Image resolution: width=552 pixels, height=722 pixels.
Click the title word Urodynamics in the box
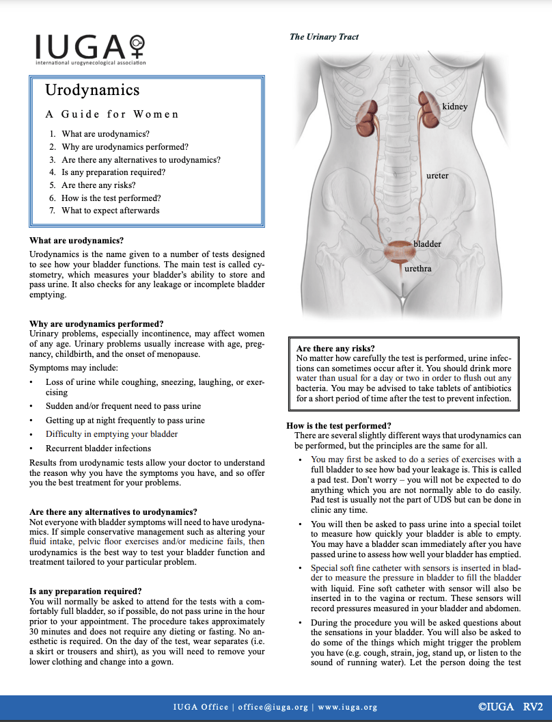92,90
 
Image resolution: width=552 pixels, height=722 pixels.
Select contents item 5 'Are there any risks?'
98,185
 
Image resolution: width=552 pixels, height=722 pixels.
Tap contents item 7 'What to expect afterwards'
110,210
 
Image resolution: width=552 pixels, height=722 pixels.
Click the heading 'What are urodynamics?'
77,241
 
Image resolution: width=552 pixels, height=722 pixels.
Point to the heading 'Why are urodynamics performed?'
96,323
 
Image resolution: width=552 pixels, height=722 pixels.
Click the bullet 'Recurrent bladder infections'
98,449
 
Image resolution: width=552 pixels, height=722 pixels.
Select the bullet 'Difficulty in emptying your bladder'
111,434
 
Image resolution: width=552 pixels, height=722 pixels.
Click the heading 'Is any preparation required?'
85,591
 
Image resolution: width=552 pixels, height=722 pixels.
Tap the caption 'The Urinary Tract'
324,37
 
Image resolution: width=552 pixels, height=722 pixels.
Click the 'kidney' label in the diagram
454,107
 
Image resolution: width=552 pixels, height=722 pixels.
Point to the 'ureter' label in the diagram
437,176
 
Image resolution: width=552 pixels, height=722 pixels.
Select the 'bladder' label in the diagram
427,243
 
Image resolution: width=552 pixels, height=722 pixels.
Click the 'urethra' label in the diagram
417,269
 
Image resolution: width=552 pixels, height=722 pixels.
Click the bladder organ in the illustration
396,252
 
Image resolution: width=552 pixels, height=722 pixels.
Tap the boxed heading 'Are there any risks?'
335,349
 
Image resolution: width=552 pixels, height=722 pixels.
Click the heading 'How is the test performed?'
338,426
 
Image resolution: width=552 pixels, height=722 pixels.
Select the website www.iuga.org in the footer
348,707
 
